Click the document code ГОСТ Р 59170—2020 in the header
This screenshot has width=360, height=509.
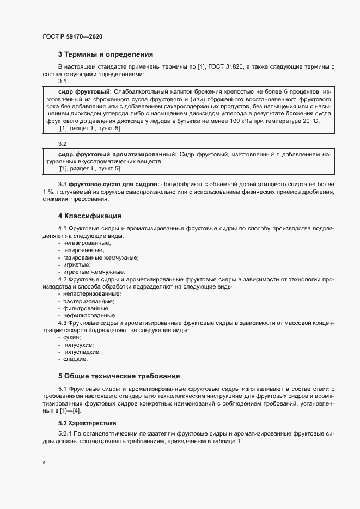(72, 36)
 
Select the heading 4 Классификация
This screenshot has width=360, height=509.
(89, 216)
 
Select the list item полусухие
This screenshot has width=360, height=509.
(78, 345)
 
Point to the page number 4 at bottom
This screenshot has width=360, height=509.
(44, 463)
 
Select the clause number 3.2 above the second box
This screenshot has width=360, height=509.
(62, 144)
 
